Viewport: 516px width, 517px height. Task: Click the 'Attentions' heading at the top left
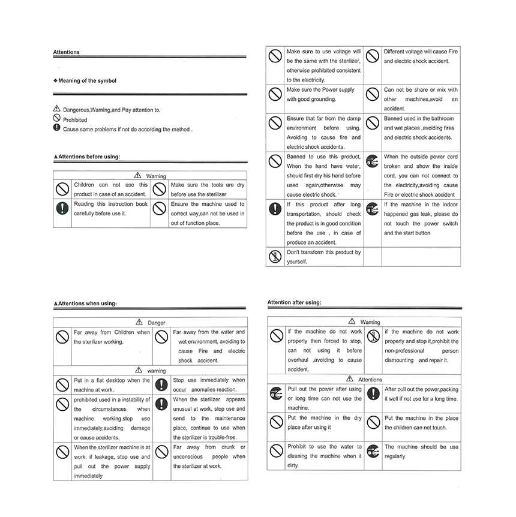coord(66,52)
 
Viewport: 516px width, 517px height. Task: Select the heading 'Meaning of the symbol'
coord(87,80)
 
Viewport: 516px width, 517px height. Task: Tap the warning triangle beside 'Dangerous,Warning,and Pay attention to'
coord(57,109)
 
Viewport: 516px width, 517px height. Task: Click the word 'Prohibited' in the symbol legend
coord(75,120)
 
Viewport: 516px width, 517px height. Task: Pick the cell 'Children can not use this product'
coord(110,190)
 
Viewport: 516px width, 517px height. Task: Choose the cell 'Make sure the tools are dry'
coord(208,190)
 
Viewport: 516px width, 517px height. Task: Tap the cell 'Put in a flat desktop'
coord(112,384)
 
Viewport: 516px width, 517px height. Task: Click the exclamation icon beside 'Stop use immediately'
coord(161,384)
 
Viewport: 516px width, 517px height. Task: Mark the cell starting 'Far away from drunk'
coord(209,456)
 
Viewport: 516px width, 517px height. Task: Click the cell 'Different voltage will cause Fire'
coord(421,56)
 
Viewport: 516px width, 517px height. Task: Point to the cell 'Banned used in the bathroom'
coord(421,128)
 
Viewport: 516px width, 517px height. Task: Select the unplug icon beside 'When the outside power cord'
coord(372,161)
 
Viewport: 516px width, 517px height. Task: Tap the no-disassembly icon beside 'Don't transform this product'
coord(275,257)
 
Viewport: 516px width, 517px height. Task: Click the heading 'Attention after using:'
coord(294,302)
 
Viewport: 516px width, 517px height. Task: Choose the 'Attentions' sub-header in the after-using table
coord(370,380)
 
